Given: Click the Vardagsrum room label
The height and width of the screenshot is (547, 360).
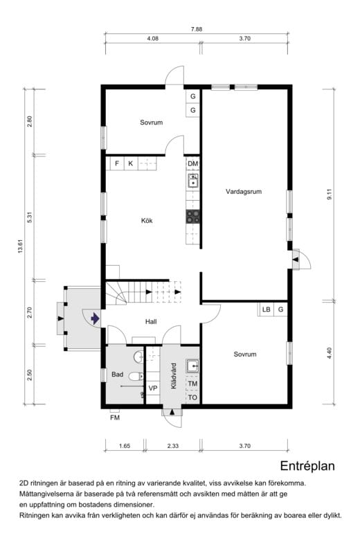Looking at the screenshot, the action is (x=244, y=192).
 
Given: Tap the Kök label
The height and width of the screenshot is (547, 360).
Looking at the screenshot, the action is (x=147, y=220).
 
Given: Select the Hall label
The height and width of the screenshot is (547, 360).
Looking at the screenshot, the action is (x=151, y=322).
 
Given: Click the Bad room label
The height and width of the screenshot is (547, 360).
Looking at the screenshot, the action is (x=117, y=375).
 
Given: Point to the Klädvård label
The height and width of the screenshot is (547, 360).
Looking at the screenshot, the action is (x=174, y=376).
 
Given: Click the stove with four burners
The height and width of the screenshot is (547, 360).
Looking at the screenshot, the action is (x=193, y=217).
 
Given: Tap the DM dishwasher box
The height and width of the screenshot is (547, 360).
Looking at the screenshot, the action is (x=193, y=163).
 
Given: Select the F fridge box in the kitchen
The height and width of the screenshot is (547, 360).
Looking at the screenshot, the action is (x=117, y=163).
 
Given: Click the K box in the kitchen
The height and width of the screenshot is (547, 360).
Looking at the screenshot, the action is (x=131, y=163).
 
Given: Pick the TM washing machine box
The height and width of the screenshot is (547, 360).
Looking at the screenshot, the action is (x=192, y=384).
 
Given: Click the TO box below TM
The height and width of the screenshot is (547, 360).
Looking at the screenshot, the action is (x=192, y=397).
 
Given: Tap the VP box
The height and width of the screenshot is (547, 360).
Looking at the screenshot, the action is (x=153, y=388).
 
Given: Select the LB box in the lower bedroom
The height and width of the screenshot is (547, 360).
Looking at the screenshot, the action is (x=266, y=310).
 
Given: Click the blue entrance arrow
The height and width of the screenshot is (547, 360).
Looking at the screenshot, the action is (x=95, y=319).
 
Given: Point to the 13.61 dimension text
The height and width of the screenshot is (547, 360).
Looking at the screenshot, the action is (x=20, y=246).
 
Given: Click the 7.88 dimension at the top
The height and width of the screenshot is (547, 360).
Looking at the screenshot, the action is (x=197, y=29).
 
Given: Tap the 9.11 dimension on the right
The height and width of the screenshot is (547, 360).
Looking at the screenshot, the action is (x=330, y=194).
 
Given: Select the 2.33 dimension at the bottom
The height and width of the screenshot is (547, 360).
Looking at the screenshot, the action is (x=172, y=446).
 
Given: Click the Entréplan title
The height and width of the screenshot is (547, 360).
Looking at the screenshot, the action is (x=307, y=466).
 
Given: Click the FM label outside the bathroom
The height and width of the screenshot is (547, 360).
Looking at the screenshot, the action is (x=115, y=418).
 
